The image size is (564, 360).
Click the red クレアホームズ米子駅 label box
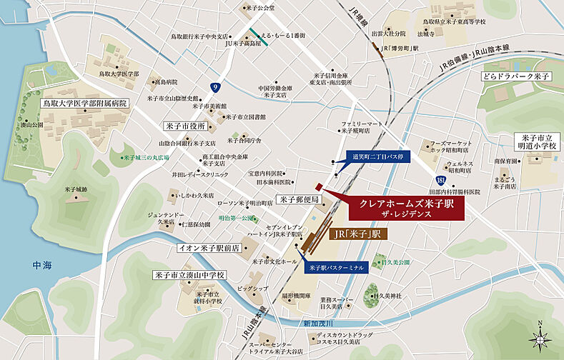(x=406, y=209)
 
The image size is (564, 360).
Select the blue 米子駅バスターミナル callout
(x=337, y=267)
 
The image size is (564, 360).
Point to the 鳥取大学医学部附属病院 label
(x=83, y=103)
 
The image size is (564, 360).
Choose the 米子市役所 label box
(x=185, y=126)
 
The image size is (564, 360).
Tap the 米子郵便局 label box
(x=299, y=199)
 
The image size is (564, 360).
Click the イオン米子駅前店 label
(x=209, y=249)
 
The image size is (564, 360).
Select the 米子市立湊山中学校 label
(x=189, y=274)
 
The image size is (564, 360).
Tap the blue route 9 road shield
(x=214, y=87)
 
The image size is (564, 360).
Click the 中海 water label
(x=43, y=265)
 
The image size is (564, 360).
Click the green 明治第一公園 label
(x=237, y=217)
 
